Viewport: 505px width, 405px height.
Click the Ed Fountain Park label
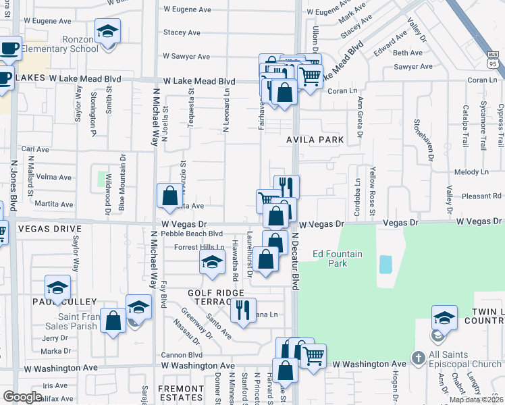tap(338, 259)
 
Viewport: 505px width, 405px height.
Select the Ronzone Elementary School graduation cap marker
tap(107, 34)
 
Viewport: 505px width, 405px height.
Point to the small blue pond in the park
tap(386, 264)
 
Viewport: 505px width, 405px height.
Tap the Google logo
tap(22, 397)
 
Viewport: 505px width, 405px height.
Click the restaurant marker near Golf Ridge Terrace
tap(243, 310)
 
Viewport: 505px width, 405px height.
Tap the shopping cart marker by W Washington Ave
tap(313, 356)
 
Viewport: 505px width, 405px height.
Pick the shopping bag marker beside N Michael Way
tap(169, 196)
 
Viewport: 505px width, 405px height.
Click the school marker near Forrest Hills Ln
tap(212, 263)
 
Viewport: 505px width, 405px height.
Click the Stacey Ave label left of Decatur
tap(182, 32)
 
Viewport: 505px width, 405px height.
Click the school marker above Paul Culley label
tap(57, 288)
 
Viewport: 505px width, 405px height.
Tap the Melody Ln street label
tap(467, 173)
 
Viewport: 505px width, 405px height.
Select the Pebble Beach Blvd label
tap(184, 233)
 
